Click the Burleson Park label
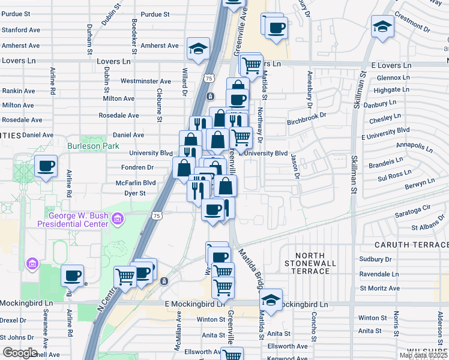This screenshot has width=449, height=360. pyautogui.click(x=93, y=146)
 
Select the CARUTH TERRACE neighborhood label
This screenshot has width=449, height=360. pyautogui.click(x=411, y=245)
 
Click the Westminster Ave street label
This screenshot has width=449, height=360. pyautogui.click(x=146, y=81)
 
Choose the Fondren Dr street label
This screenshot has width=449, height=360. pyautogui.click(x=137, y=167)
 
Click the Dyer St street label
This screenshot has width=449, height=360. pyautogui.click(x=134, y=193)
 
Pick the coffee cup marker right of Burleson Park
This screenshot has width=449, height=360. pyautogui.click(x=46, y=166)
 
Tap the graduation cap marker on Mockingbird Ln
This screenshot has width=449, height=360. pyautogui.click(x=271, y=299)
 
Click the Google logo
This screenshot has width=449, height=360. pyautogui.click(x=20, y=353)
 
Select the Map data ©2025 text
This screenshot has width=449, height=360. pyautogui.click(x=423, y=355)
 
